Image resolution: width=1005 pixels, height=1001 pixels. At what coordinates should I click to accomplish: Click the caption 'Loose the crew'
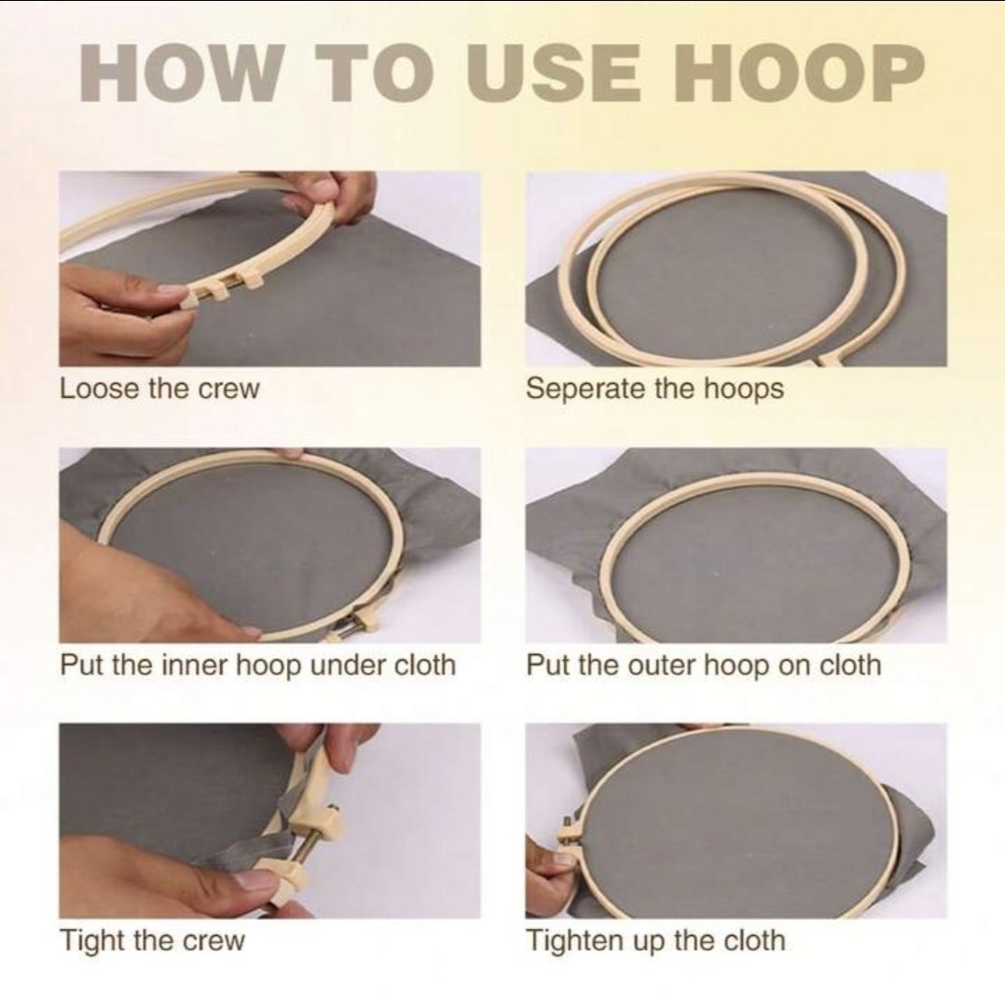tap(159, 389)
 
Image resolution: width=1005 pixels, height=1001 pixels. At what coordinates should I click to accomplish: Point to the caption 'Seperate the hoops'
tap(654, 389)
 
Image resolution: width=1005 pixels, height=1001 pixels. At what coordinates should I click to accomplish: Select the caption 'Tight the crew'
tap(153, 940)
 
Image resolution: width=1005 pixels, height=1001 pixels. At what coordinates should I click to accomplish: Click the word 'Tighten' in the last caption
tap(573, 940)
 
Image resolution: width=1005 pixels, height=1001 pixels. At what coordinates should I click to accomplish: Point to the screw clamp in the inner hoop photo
tap(357, 624)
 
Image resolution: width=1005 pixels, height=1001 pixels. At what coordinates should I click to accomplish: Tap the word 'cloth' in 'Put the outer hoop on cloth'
tap(850, 665)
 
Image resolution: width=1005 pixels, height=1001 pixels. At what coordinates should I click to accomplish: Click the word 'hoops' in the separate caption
tap(744, 389)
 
